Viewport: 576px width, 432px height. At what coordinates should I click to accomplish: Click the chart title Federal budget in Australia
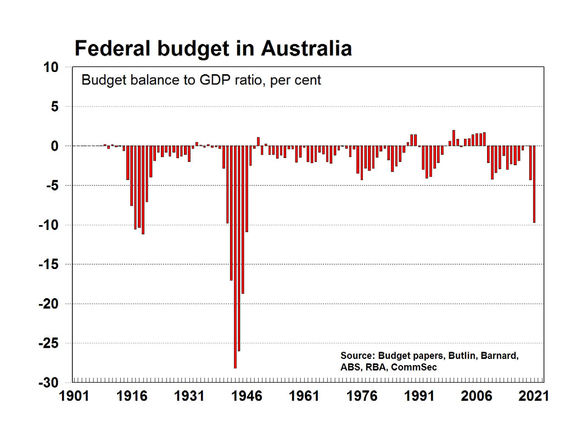tap(213, 48)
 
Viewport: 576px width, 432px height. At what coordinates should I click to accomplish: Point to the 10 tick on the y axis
tap(51, 67)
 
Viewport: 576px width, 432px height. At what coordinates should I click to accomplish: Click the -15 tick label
tap(48, 265)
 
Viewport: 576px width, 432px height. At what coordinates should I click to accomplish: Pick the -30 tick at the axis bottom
tap(48, 383)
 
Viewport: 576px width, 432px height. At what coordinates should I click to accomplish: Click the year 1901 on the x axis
tap(73, 396)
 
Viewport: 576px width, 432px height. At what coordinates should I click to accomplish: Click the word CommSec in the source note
tap(416, 367)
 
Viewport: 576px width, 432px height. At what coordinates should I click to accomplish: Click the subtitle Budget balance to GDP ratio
tap(201, 80)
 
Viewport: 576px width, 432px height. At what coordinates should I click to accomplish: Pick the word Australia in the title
tap(306, 48)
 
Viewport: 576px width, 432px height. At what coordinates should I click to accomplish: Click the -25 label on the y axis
tap(48, 343)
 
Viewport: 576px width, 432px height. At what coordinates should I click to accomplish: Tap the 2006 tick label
tap(477, 396)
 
